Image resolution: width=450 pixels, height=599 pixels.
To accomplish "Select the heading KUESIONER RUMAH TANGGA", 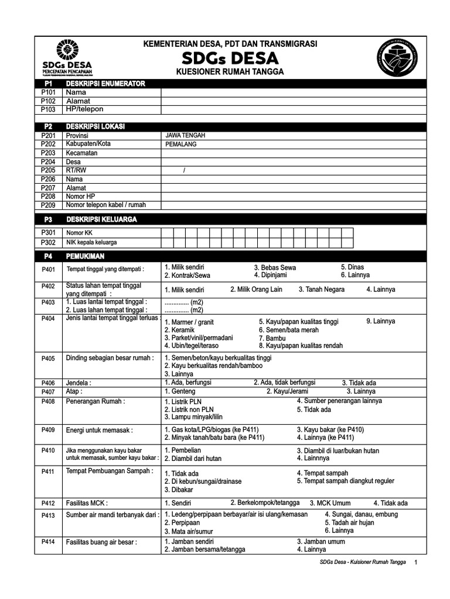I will [230, 71].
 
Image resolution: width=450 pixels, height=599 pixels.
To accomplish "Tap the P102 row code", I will [48, 101].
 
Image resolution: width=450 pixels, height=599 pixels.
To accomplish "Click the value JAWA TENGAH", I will [186, 135].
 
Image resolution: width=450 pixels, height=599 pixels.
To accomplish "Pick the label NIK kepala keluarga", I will [91, 242].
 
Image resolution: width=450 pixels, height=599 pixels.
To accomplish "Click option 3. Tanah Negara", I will [321, 289].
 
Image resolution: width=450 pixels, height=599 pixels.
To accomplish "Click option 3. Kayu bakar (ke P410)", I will [330, 429].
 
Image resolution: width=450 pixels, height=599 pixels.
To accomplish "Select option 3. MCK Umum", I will [330, 503].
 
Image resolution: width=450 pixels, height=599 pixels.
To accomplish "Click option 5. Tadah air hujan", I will [353, 522].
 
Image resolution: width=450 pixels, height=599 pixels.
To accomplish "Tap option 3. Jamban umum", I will [321, 542].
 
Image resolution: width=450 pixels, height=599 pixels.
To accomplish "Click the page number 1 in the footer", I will [415, 562].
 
